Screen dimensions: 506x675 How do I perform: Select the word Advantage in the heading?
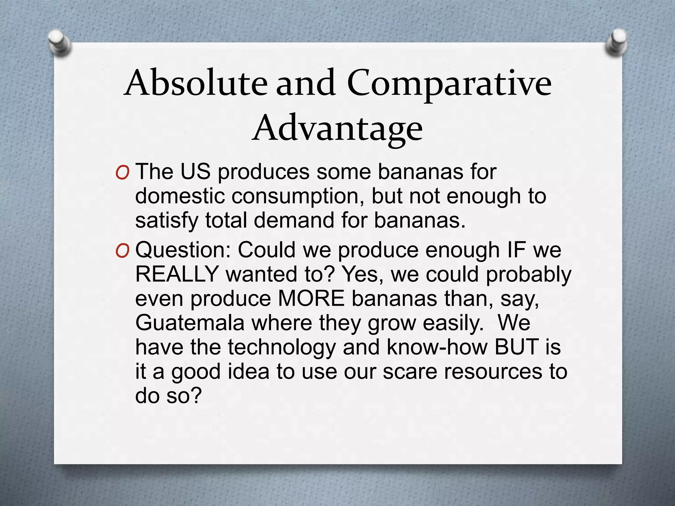[337, 128]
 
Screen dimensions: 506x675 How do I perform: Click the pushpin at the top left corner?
[59, 42]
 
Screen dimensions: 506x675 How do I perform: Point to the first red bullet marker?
[122, 173]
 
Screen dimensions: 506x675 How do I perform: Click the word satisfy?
[167, 221]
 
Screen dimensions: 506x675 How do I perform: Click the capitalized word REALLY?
[177, 274]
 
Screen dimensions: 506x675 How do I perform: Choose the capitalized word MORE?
[311, 298]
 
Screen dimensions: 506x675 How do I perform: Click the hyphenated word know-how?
[436, 347]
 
